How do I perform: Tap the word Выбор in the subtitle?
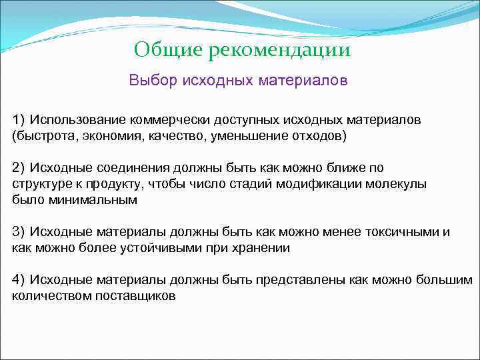pos(151,81)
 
